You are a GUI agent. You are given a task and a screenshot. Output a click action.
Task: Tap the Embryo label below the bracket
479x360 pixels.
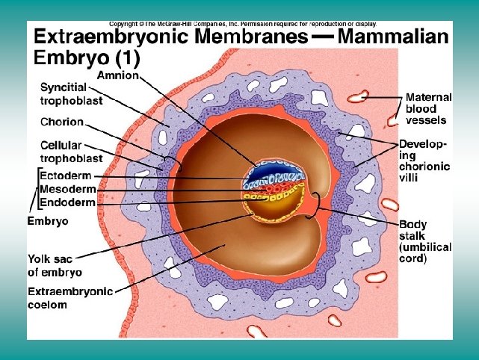click(48, 222)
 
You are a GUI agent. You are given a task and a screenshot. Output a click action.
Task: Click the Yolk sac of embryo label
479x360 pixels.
click(55, 266)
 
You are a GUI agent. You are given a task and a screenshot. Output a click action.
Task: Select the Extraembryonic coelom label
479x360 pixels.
click(69, 297)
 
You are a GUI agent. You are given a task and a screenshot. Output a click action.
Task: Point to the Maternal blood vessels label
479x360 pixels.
click(427, 108)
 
